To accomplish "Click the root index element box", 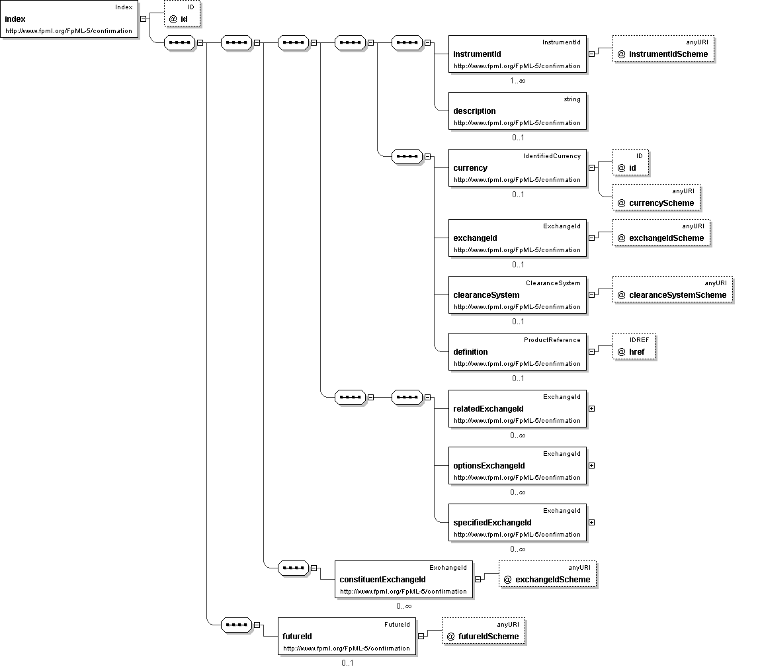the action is (x=69, y=19).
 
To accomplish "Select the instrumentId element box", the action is (x=517, y=54).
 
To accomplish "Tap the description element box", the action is (x=517, y=111).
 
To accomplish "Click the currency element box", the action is (x=517, y=167).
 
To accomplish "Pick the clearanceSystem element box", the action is (x=517, y=294).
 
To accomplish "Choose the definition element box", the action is (x=517, y=351).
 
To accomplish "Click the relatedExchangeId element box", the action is (x=517, y=409).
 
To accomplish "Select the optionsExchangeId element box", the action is (x=517, y=465).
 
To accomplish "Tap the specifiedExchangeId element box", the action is (x=517, y=522).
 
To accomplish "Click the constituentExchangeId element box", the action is (x=403, y=579).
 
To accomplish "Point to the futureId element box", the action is (x=347, y=636).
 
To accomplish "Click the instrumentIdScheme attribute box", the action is (x=663, y=48).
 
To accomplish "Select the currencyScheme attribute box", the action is (x=656, y=197).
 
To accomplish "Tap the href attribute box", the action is (x=634, y=346).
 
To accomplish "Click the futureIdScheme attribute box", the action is (x=484, y=631).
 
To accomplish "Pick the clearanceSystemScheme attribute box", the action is (x=673, y=289).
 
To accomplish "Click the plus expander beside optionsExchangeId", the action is (x=592, y=465).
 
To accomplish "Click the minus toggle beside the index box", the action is (x=144, y=19).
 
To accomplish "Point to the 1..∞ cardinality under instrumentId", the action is (x=518, y=81).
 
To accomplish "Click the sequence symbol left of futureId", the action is (x=237, y=625).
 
